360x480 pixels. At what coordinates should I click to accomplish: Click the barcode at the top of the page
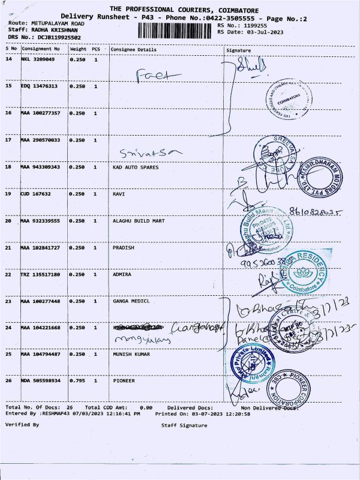pos(174,31)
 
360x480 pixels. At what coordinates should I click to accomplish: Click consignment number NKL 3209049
pos(38,60)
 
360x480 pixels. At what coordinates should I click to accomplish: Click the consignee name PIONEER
pos(124,380)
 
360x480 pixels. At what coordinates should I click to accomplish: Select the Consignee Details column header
pos(133,49)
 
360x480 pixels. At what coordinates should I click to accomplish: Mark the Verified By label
pos(22,424)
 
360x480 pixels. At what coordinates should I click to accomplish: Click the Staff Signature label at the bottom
pos(184,425)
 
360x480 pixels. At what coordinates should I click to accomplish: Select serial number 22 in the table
pos(8,274)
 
